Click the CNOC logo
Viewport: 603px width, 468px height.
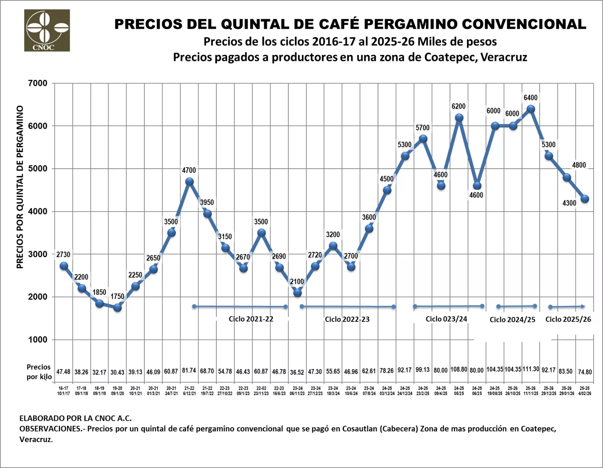pyautogui.click(x=47, y=30)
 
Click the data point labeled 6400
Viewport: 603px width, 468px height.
pyautogui.click(x=531, y=109)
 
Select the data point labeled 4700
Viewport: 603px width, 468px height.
pyautogui.click(x=189, y=181)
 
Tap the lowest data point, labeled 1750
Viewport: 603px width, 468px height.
pyautogui.click(x=117, y=308)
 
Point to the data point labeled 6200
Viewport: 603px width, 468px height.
pyautogui.click(x=459, y=117)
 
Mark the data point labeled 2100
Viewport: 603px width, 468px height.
pyautogui.click(x=297, y=293)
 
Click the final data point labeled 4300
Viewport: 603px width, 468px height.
pyautogui.click(x=585, y=199)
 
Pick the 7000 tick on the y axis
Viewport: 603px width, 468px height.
pyautogui.click(x=38, y=83)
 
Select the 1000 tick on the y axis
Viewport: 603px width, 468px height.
pyautogui.click(x=38, y=340)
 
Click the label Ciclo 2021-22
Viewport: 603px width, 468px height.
pyautogui.click(x=251, y=319)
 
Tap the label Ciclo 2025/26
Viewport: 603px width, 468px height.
pyautogui.click(x=568, y=319)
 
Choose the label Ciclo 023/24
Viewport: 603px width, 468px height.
pyautogui.click(x=446, y=319)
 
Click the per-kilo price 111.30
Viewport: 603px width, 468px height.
pyautogui.click(x=531, y=369)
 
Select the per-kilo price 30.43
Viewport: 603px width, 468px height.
pyautogui.click(x=117, y=372)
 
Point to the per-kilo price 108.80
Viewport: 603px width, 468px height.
pyautogui.click(x=459, y=369)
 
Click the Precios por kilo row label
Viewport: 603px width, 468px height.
pyautogui.click(x=39, y=372)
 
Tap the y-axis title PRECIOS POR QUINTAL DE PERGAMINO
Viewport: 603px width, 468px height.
pyautogui.click(x=20, y=187)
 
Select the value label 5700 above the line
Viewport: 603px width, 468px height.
pyautogui.click(x=422, y=128)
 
